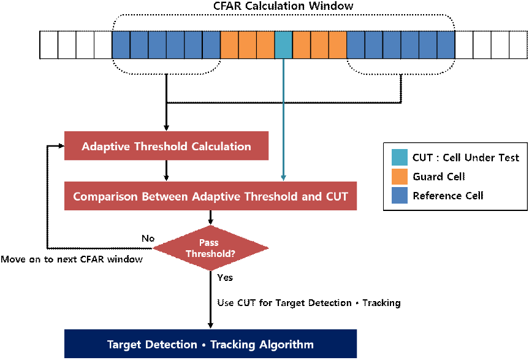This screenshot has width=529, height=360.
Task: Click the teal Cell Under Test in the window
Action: (x=283, y=45)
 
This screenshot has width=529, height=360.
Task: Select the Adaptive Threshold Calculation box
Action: (x=166, y=146)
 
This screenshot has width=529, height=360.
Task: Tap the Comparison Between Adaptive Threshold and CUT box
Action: (x=210, y=196)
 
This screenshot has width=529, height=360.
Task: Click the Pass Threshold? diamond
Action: (x=210, y=248)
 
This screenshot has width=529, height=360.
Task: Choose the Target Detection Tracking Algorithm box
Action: (x=210, y=344)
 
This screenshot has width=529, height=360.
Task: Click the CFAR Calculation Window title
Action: (x=283, y=6)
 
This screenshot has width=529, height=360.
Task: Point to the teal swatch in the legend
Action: (x=400, y=157)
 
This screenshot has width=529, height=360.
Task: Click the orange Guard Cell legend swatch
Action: (x=400, y=177)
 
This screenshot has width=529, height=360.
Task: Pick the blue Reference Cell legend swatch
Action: (x=400, y=196)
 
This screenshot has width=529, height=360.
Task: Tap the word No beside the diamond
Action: (x=148, y=238)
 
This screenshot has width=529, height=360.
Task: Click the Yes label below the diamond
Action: (x=225, y=277)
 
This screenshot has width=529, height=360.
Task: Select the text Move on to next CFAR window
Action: (x=72, y=259)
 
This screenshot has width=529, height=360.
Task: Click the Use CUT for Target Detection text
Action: (x=284, y=302)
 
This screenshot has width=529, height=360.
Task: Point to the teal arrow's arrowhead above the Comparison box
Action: (x=283, y=178)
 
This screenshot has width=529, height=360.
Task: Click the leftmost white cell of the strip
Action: (x=49, y=45)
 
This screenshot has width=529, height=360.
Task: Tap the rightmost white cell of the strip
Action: (x=518, y=45)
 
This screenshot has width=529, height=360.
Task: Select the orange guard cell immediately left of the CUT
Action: (x=265, y=45)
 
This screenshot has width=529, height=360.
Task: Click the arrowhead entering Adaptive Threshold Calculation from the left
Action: (x=61, y=146)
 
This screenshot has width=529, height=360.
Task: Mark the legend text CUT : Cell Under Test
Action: (x=466, y=158)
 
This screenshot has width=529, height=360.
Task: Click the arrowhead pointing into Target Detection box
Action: (x=210, y=326)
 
